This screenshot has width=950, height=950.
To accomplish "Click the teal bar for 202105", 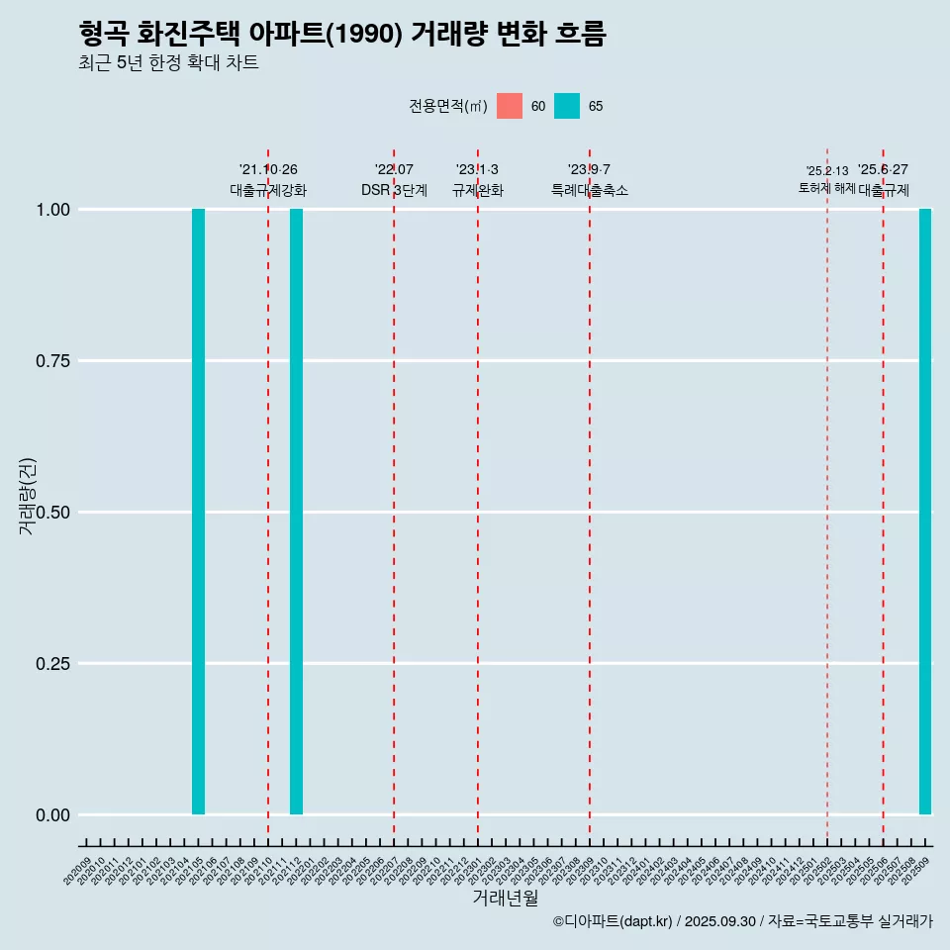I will point(198,512).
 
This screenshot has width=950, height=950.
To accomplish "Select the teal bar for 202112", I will point(296,512).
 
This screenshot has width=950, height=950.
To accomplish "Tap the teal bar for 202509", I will point(925,512).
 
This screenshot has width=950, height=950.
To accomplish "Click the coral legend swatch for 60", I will point(510,106).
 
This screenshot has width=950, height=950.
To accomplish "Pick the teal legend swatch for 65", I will point(567,106).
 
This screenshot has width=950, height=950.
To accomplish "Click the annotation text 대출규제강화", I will point(268,190).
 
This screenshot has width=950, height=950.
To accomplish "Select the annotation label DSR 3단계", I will point(394,190).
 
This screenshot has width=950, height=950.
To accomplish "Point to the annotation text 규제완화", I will point(478,190).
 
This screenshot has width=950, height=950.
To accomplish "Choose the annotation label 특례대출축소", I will point(590,190).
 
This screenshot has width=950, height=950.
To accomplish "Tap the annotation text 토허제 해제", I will point(827,188).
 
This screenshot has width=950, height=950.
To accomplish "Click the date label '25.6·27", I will point(883,170).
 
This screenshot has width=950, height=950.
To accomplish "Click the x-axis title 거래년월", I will point(505,898).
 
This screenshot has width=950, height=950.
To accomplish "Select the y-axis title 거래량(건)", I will point(27,497).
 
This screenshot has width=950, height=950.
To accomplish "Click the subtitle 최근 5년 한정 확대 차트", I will point(168,63).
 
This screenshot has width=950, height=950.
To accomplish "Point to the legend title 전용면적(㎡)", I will point(447,106).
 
